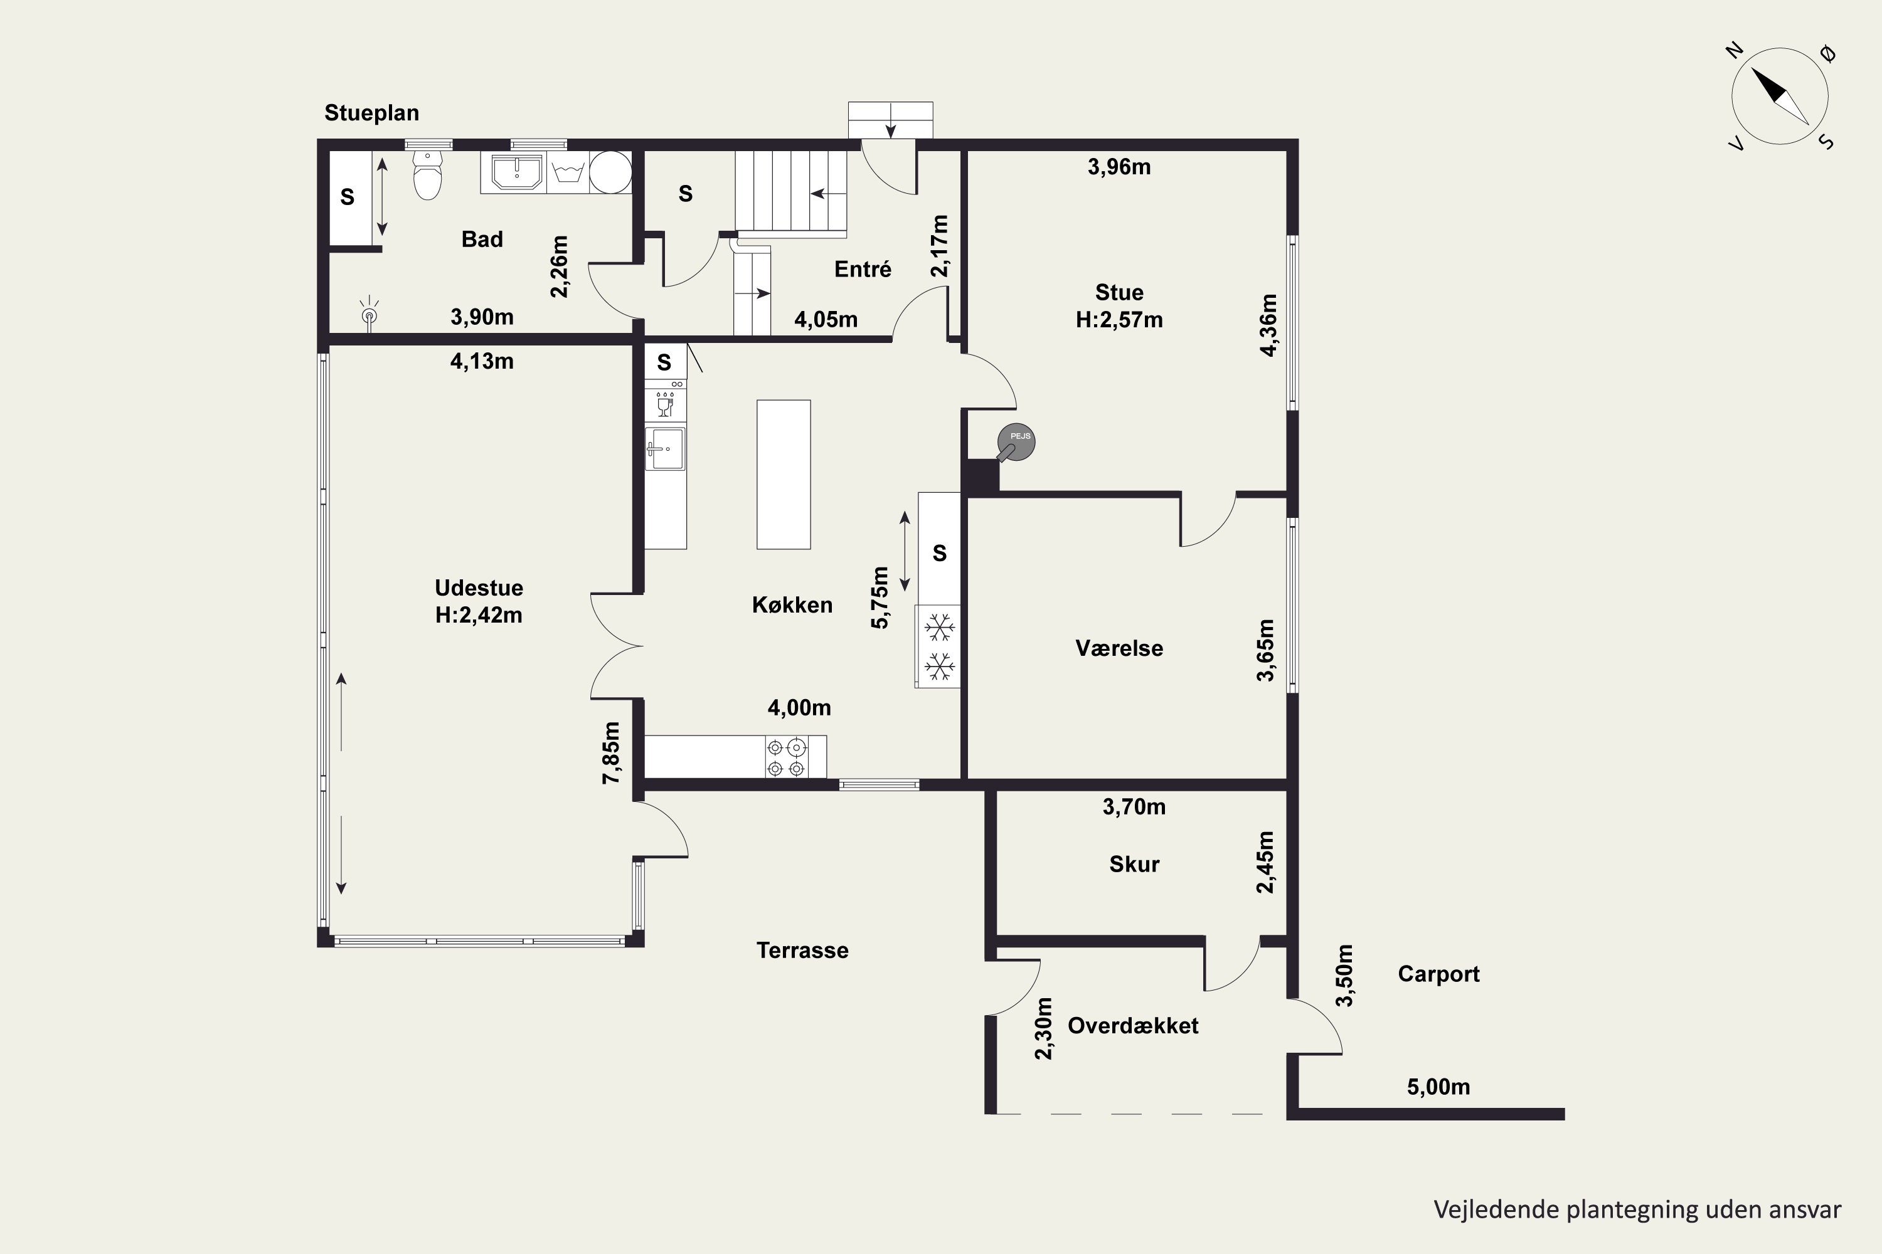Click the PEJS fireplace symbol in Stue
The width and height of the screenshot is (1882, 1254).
(1016, 441)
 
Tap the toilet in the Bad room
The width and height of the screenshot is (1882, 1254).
(428, 174)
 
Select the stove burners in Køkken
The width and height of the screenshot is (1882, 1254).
(787, 757)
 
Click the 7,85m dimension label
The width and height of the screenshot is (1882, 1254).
(611, 752)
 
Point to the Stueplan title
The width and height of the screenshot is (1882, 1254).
(371, 113)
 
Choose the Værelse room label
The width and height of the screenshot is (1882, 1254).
(1119, 648)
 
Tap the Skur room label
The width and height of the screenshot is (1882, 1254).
(1134, 864)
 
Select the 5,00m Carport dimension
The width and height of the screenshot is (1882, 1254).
(1438, 1087)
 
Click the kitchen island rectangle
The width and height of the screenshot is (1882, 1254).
(784, 474)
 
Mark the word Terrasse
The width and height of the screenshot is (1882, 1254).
(802, 950)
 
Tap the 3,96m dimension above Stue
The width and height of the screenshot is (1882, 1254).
(1119, 167)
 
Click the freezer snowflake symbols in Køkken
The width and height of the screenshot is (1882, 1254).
(939, 647)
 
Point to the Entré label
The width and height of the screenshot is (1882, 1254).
(863, 269)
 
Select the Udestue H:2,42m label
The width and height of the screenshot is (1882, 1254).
(479, 601)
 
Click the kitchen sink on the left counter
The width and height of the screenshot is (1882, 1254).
(666, 449)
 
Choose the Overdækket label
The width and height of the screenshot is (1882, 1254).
(1133, 1026)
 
